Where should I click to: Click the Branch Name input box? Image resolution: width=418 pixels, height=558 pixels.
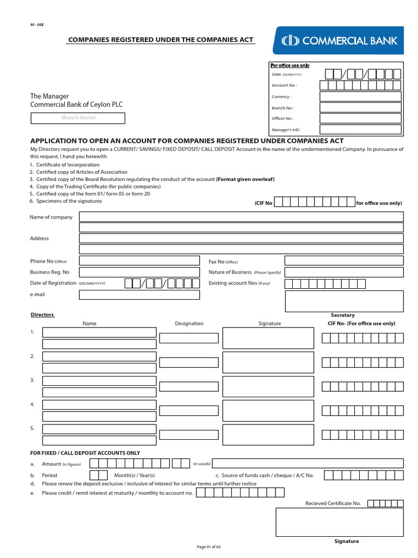click(x=78, y=118)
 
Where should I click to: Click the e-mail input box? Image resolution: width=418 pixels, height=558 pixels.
click(x=139, y=295)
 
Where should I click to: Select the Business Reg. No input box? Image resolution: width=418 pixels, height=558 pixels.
click(x=139, y=272)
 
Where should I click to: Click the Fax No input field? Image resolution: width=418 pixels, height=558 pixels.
click(x=343, y=261)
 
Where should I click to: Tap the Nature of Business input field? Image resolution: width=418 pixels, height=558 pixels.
click(x=343, y=272)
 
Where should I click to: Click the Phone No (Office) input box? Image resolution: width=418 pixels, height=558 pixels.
click(x=139, y=261)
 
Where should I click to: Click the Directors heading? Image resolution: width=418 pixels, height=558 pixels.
click(x=42, y=315)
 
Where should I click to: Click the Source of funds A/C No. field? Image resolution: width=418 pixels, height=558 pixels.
click(x=363, y=475)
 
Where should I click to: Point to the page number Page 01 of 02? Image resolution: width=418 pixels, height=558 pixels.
click(x=209, y=547)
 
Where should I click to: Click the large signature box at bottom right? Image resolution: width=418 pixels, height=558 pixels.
click(x=340, y=522)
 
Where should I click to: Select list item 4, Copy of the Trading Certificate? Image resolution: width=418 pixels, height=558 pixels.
click(x=95, y=186)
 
